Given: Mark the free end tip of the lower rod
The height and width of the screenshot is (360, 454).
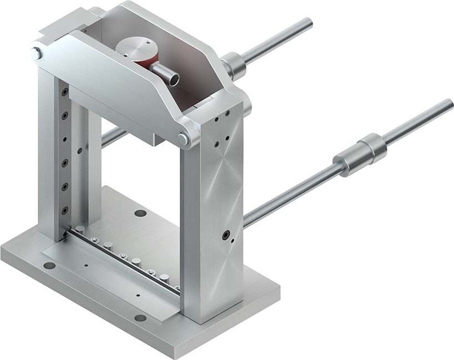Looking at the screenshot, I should (449, 104).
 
